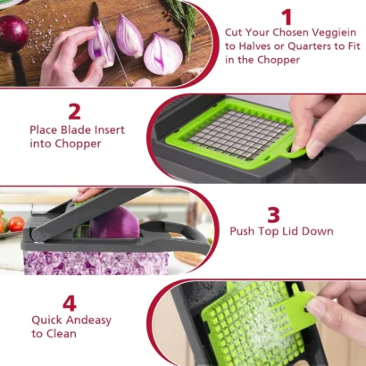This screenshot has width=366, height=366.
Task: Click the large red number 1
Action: (x=286, y=17)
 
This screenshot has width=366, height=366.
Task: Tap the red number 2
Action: (x=74, y=112)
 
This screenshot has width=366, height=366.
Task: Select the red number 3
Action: (x=273, y=213)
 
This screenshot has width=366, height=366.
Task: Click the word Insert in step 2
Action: (x=106, y=129)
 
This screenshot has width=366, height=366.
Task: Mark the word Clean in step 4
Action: (x=62, y=333)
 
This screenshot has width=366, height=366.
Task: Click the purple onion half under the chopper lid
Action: (x=114, y=223)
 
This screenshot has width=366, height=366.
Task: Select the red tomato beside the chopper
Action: (x=15, y=223)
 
